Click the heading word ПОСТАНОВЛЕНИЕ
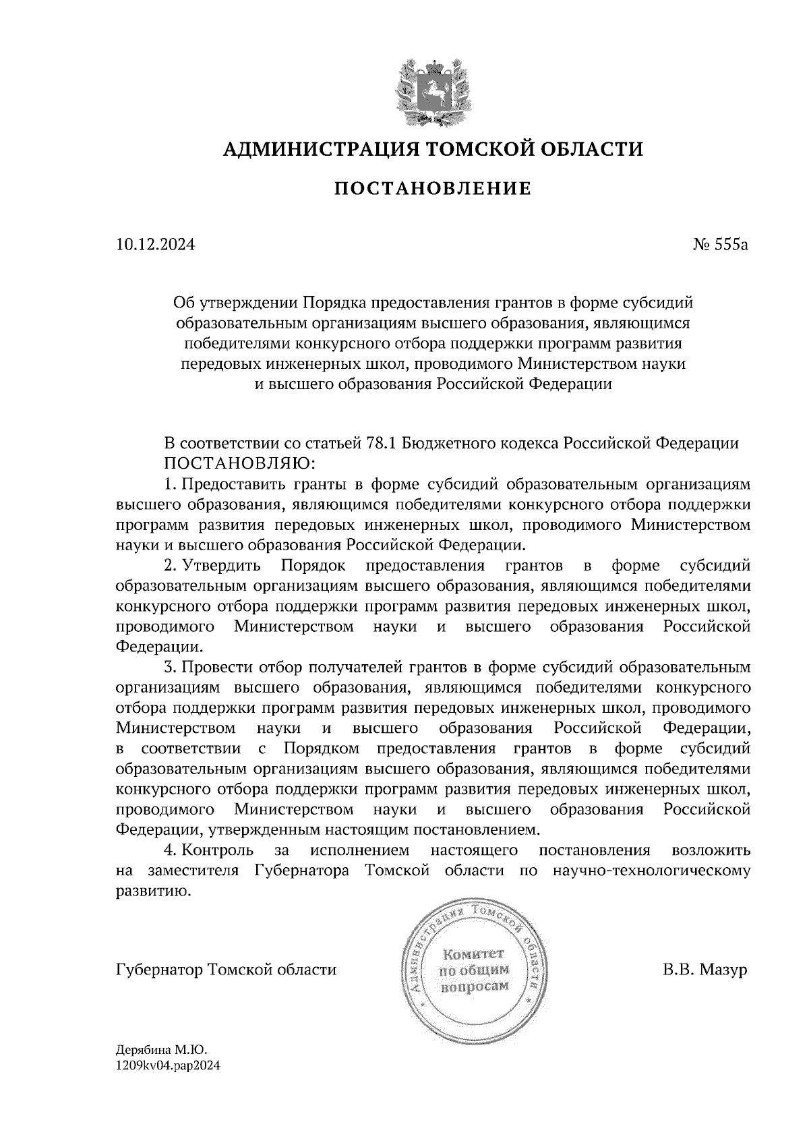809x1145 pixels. (432, 188)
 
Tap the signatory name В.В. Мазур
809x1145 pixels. (705, 970)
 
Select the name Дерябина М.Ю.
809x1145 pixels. (161, 1050)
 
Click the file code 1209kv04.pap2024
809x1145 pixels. (168, 1066)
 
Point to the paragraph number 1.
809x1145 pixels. (170, 484)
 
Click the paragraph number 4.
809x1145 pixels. (170, 850)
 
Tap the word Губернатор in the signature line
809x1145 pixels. (160, 970)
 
